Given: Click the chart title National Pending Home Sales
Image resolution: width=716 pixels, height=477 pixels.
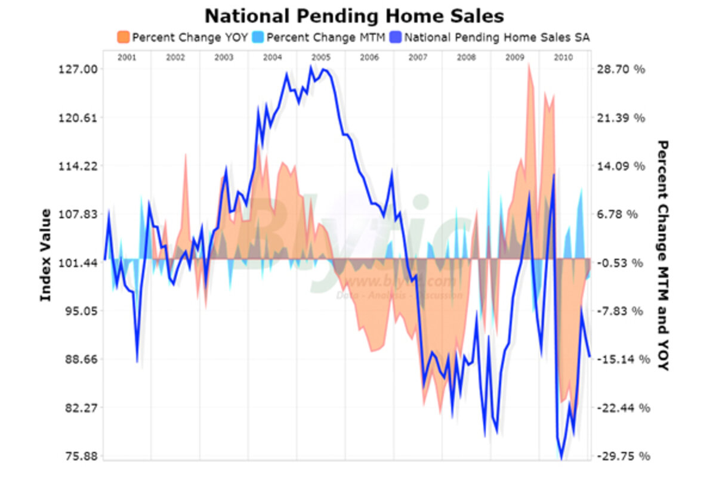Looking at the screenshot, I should point(354,15).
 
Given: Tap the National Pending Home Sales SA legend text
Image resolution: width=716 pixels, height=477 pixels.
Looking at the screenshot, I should point(497,37).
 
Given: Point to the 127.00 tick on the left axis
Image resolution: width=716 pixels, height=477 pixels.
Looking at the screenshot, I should point(80,69).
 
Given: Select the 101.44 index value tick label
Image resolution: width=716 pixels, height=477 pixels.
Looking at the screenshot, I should point(80,263).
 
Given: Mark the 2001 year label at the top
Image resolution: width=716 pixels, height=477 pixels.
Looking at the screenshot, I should point(126,58).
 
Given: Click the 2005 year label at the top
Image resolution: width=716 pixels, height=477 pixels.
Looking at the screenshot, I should point(320,58).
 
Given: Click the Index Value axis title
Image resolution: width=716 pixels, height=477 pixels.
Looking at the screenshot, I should point(45,255).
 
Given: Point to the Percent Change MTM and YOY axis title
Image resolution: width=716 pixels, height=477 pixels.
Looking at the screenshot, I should point(662,255).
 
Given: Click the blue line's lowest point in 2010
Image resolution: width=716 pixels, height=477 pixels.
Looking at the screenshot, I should point(561,459).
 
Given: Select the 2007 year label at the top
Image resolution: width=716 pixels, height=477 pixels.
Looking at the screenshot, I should point(418,58).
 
